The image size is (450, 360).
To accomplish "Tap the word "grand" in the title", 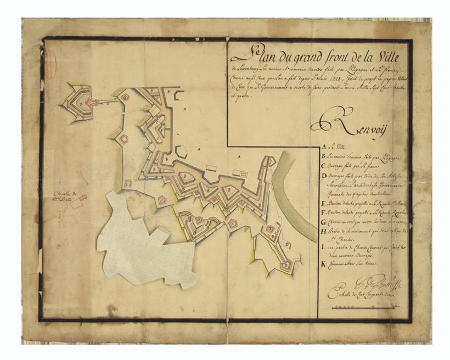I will coord(299,56).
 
